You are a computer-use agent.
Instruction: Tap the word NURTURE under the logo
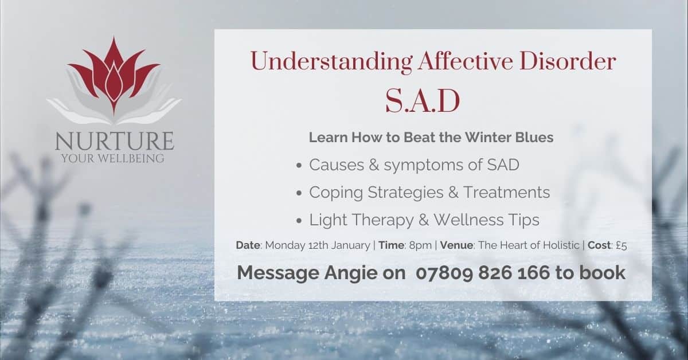pos(114,140)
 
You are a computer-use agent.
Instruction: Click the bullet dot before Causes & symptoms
pos(299,166)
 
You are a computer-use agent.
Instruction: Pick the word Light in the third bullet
pos(325,220)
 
